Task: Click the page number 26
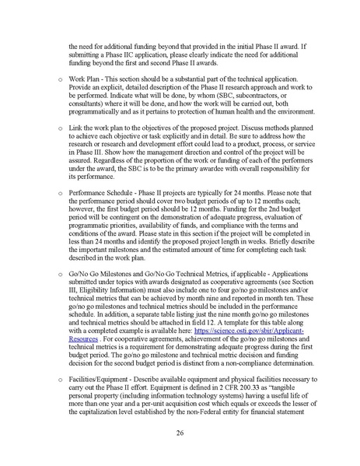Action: click(x=180, y=433)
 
